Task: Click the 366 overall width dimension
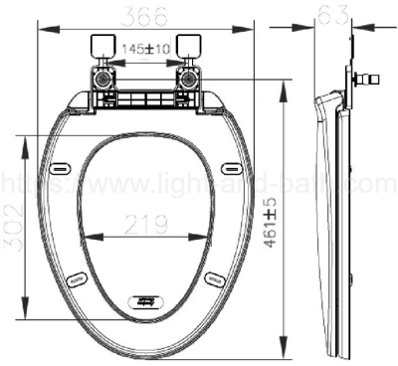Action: [144, 17]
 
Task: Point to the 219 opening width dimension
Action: [145, 226]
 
